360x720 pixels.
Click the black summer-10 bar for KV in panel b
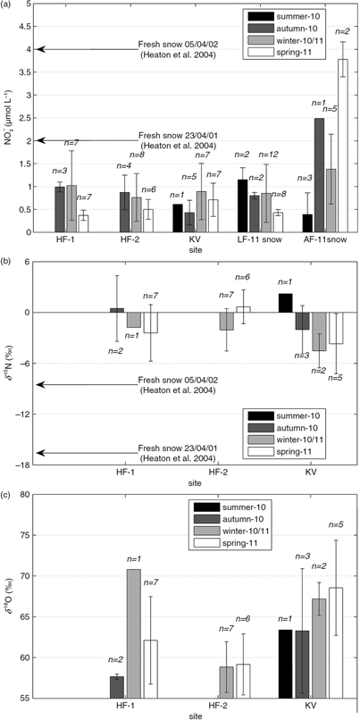286,303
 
